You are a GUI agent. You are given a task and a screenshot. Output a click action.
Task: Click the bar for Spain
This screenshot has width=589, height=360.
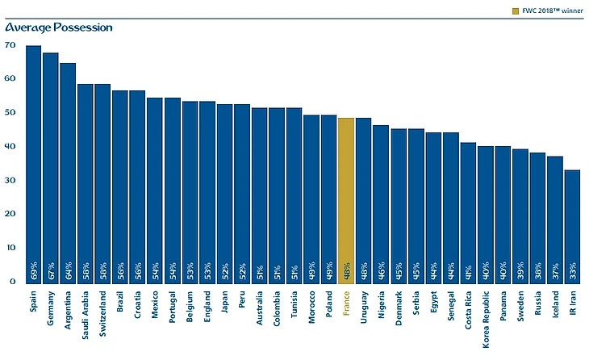pos(33,161)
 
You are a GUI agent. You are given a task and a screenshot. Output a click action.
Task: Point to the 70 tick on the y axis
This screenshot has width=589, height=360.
pos(10,45)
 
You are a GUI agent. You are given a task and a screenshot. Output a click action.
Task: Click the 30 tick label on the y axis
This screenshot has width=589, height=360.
pos(10,181)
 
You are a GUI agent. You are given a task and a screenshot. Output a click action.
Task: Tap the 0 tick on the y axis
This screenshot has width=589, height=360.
pos(11,282)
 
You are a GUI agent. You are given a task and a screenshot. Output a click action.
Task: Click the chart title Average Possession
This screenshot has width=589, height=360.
pos(58,27)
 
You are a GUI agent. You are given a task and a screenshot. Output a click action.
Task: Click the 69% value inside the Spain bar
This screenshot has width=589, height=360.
pos(33,270)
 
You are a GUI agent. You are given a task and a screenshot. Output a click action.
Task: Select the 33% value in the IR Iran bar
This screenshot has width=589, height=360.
pos(571,270)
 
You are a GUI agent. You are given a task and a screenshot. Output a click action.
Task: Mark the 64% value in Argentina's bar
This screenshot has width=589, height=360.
pos(68,270)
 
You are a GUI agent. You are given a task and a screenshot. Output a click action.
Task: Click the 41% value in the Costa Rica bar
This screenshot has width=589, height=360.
pos(467,270)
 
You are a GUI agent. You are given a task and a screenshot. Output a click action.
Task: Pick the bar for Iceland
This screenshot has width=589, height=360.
pos(554,218)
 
